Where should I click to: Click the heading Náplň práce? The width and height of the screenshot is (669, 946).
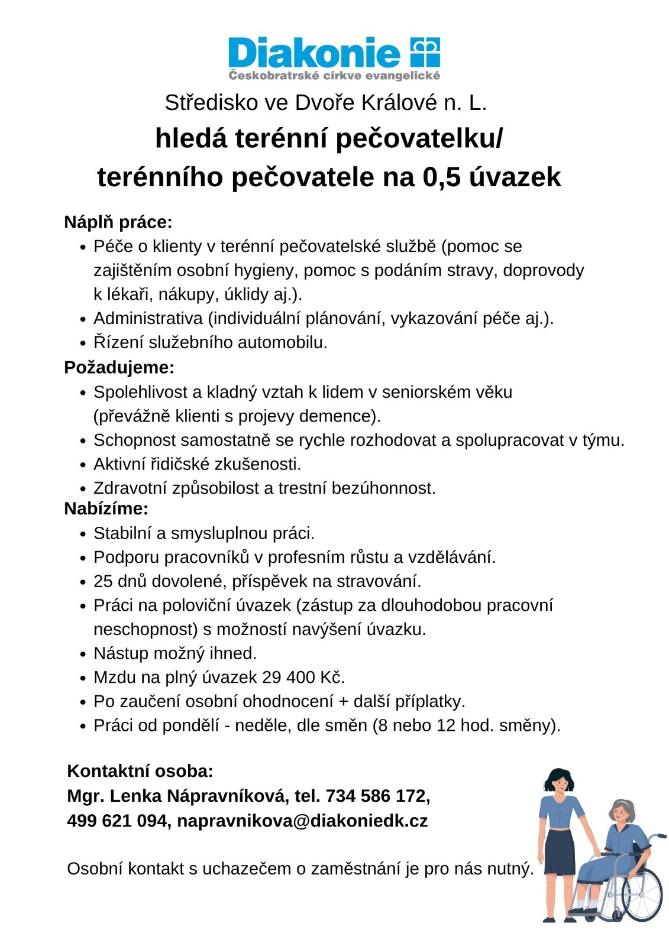(118, 222)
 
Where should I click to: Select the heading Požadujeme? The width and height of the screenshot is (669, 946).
(119, 367)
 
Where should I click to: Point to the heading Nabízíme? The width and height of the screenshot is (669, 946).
(106, 508)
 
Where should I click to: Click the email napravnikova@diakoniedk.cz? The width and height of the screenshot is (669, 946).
(302, 821)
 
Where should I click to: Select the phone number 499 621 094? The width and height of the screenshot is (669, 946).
(117, 821)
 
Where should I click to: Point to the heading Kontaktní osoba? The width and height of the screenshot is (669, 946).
(140, 771)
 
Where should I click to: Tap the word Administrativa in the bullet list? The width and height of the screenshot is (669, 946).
(148, 318)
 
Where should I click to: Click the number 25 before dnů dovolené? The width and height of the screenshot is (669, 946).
(103, 581)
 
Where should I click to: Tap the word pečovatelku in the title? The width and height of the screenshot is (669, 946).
(420, 139)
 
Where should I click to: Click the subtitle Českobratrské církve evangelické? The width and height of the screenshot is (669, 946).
(334, 76)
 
